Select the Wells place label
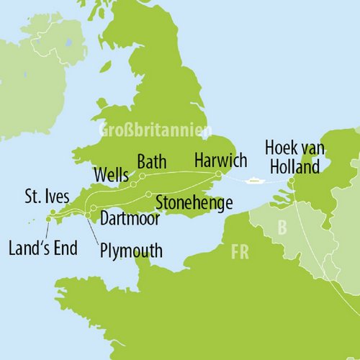click(112, 174)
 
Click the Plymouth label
click(132, 251)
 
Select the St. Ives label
click(44, 196)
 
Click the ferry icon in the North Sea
click(254, 180)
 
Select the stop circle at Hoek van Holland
click(292, 181)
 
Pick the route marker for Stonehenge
click(148, 194)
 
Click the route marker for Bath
click(142, 176)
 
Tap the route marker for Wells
click(133, 184)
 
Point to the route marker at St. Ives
click(53, 212)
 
